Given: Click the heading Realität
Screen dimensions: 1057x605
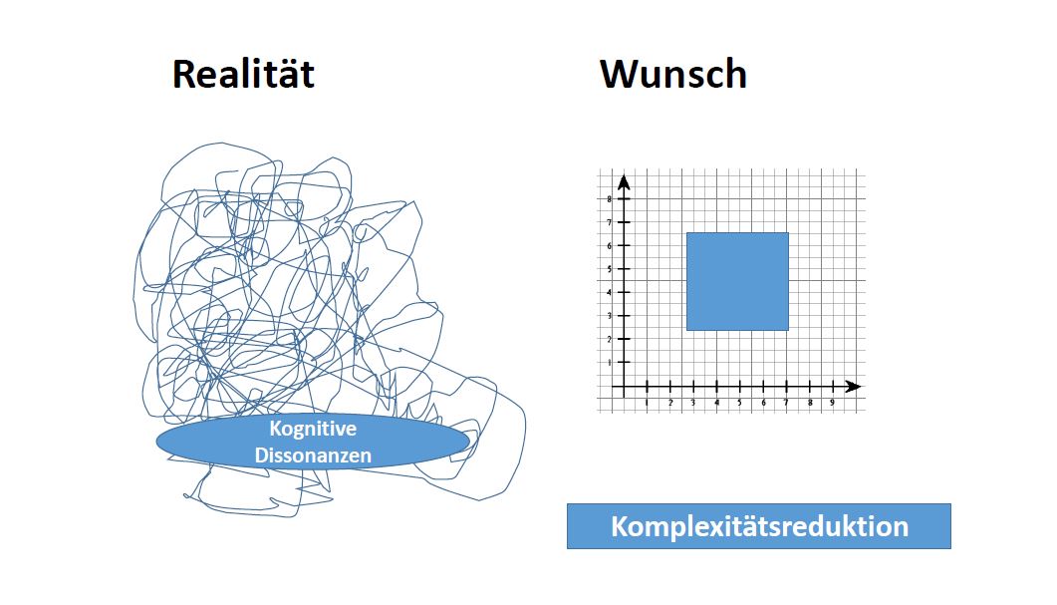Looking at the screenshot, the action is pyautogui.click(x=243, y=74).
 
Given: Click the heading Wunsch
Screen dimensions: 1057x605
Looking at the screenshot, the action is pyautogui.click(x=673, y=74).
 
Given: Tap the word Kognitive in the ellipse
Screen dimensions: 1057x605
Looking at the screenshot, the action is pyautogui.click(x=313, y=429).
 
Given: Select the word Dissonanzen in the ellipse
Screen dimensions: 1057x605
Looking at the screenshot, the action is pyautogui.click(x=313, y=455).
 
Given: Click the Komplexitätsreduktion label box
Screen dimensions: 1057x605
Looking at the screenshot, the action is pyautogui.click(x=759, y=526).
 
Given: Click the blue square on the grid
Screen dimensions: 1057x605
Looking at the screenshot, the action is pyautogui.click(x=737, y=281).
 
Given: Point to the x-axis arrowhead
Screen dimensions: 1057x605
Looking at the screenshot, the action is pyautogui.click(x=853, y=387).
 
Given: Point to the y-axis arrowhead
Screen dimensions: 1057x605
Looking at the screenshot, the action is pyautogui.click(x=625, y=182).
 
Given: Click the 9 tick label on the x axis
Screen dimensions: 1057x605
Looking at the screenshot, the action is pyautogui.click(x=833, y=403).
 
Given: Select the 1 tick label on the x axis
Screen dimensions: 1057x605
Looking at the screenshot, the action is pyautogui.click(x=648, y=403).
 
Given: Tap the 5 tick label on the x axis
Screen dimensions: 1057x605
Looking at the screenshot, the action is pyautogui.click(x=739, y=403).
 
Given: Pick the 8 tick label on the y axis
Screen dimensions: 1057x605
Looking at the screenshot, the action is pyautogui.click(x=610, y=199).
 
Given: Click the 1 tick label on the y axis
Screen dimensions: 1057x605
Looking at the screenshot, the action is pyautogui.click(x=610, y=363).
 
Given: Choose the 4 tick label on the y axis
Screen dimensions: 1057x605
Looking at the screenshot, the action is pyautogui.click(x=610, y=293).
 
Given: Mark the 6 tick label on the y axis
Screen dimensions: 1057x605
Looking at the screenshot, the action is pyautogui.click(x=610, y=246).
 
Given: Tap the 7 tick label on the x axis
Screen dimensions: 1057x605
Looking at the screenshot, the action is pyautogui.click(x=786, y=403).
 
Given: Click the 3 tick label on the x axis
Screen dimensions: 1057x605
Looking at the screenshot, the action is pyautogui.click(x=693, y=403).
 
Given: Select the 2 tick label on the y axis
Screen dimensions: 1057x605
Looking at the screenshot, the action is pyautogui.click(x=610, y=339).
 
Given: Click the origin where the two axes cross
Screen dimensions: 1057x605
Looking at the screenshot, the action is pyautogui.click(x=625, y=387).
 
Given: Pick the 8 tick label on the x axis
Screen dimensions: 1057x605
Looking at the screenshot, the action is pyautogui.click(x=810, y=403).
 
